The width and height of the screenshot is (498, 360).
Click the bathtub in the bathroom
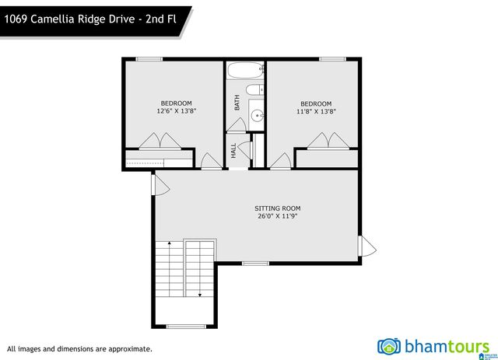[245, 72]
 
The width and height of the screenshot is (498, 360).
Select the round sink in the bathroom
[256, 117]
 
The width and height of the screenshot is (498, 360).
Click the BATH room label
[237, 102]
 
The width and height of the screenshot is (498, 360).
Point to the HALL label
[233, 150]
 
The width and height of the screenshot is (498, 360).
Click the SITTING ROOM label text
[277, 208]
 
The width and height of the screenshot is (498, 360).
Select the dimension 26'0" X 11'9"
[277, 217]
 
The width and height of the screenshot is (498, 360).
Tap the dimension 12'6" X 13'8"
[176, 111]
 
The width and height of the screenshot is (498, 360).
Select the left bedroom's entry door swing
[210, 161]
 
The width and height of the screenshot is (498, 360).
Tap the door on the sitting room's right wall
[366, 247]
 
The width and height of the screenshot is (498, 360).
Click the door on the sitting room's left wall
[160, 184]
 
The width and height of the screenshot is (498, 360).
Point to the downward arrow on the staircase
[200, 294]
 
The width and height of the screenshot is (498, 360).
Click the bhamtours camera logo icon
[389, 345]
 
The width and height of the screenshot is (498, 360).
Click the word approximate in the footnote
[128, 349]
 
